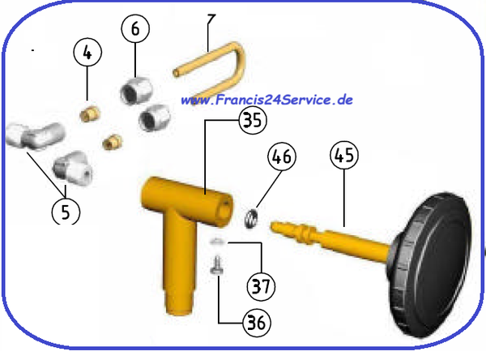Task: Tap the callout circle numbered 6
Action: pyautogui.click(x=135, y=29)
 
